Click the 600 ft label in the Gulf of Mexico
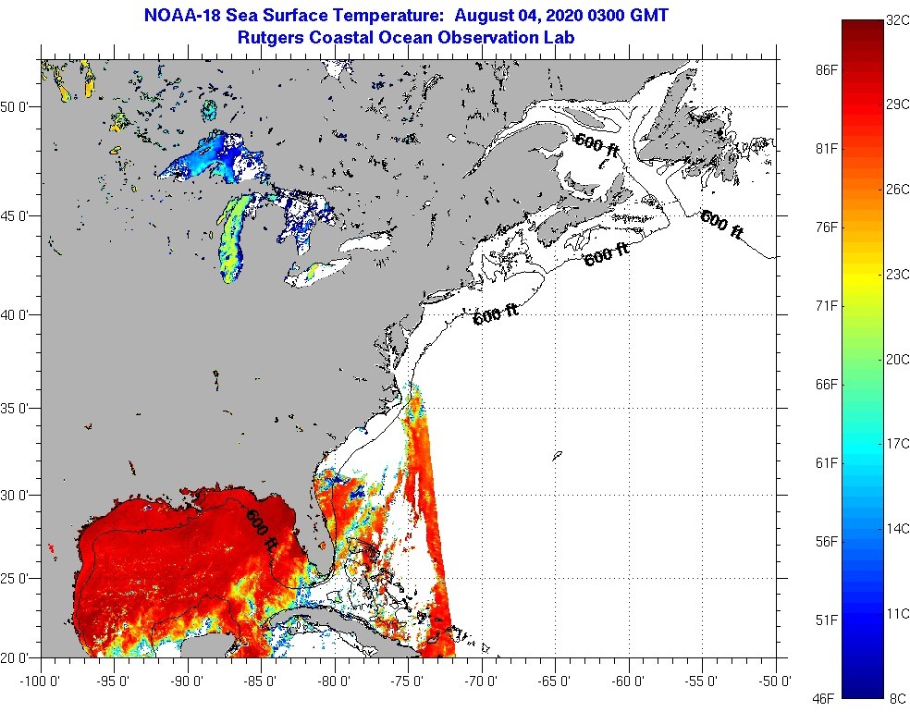pos(261,529)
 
